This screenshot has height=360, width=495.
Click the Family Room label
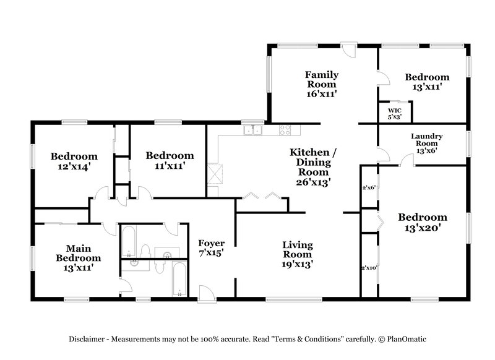(x=321, y=80)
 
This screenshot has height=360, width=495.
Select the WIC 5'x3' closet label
(x=395, y=113)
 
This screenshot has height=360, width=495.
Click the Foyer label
(x=211, y=243)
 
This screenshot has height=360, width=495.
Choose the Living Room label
(x=298, y=249)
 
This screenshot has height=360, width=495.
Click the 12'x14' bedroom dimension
(x=74, y=166)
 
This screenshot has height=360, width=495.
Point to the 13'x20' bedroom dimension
(x=422, y=228)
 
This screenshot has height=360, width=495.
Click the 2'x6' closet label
(x=369, y=186)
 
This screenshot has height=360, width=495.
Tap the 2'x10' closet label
(x=369, y=268)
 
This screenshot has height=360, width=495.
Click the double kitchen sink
(x=252, y=130)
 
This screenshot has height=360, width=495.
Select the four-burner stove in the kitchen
(x=285, y=130)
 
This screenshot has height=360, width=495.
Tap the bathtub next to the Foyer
(x=178, y=279)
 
